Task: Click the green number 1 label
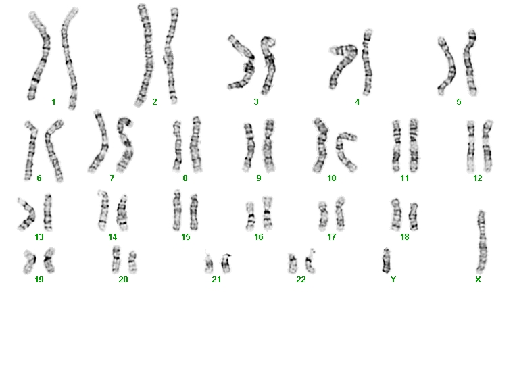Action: point(53,102)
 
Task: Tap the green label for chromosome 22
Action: point(301,280)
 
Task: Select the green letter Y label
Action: point(393,280)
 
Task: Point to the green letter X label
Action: point(478,280)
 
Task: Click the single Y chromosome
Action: point(387,261)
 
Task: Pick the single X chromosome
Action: point(481,243)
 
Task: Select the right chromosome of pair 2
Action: point(171,56)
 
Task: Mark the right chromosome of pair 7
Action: point(126,145)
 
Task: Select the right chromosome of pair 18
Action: point(413,216)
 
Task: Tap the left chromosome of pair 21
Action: point(209,264)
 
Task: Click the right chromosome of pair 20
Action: point(132,262)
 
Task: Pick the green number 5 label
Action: point(459,102)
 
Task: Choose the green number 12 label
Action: point(478,178)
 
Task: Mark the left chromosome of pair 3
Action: point(243,64)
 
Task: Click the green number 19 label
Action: point(39,280)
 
